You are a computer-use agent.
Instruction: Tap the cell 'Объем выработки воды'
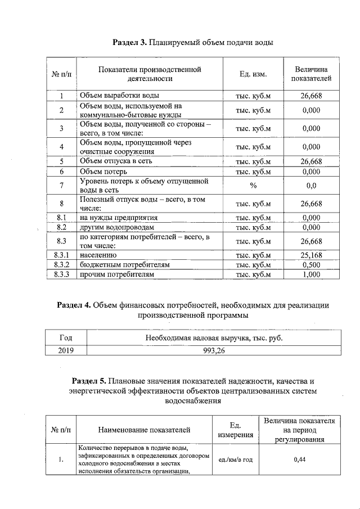119,96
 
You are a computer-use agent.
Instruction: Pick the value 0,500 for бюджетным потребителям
311,265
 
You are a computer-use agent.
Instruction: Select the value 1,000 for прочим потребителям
311,274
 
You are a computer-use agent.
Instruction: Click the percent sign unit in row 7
253,186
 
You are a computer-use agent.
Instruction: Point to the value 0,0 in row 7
311,186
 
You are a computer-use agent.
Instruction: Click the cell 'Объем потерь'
103,171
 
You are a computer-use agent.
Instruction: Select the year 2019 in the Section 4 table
65,350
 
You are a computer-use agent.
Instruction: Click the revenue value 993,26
214,350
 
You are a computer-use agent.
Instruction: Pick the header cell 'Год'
65,338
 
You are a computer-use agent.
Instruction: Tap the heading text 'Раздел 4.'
74,305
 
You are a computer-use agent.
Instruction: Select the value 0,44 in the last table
299,460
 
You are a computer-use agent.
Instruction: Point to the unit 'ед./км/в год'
235,460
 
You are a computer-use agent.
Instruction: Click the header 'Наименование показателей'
144,430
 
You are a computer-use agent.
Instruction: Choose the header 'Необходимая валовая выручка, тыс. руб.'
214,338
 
